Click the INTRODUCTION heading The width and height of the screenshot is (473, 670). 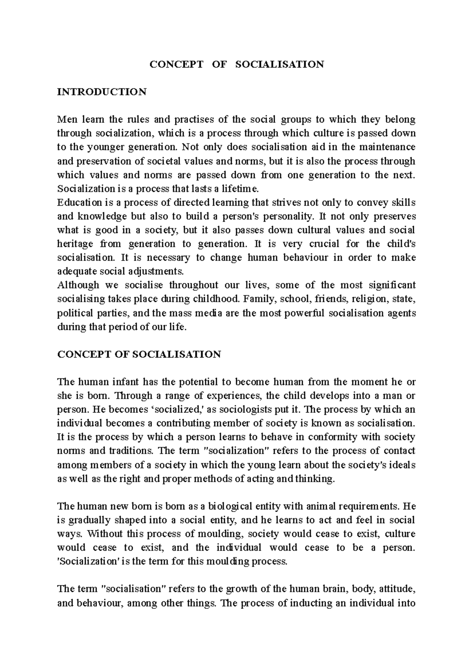pyautogui.click(x=102, y=92)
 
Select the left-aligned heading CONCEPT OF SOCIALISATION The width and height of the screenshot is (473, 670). pyautogui.click(x=139, y=354)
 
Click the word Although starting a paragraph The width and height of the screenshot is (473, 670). pyautogui.click(x=78, y=285)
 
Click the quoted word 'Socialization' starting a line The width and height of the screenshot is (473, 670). pyautogui.click(x=86, y=561)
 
